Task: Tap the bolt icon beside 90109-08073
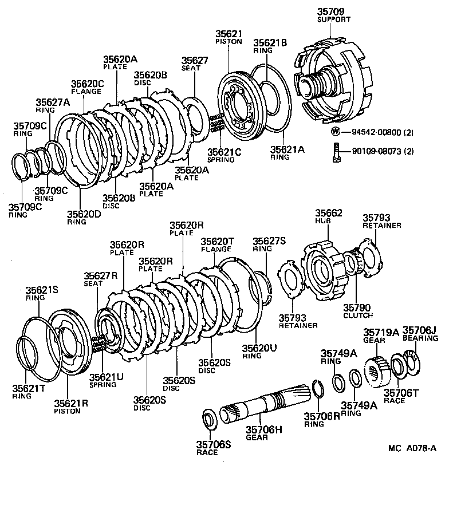[x=336, y=151]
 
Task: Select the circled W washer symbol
[x=336, y=132]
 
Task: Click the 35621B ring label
[x=270, y=45]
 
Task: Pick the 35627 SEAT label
[x=195, y=64]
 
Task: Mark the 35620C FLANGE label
[x=87, y=87]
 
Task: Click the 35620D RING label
[x=84, y=218]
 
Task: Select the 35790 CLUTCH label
[x=358, y=311]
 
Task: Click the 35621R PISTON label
[x=71, y=407]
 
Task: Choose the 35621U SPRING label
[x=104, y=380]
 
